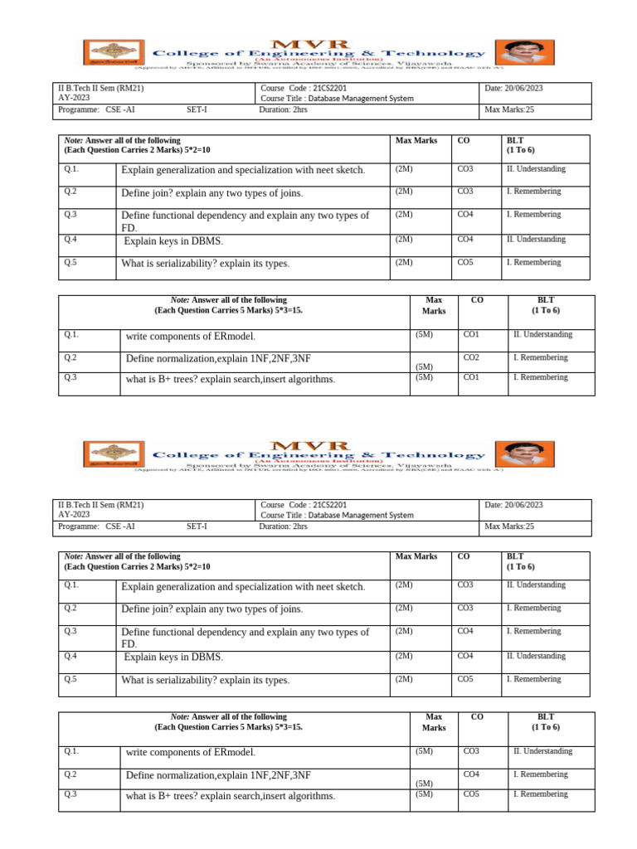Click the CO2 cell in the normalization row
(x=470, y=357)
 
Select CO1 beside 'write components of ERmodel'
(x=470, y=335)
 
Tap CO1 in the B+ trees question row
(x=470, y=377)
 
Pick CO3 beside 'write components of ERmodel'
(x=470, y=751)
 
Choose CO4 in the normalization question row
(x=470, y=774)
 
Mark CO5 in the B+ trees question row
(x=470, y=794)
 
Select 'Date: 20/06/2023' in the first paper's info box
(x=513, y=88)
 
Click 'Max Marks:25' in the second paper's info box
(x=509, y=526)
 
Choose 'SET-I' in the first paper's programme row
(x=197, y=109)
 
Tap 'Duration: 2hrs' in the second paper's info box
(x=283, y=526)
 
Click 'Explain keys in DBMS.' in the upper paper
(x=173, y=242)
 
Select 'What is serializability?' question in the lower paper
(x=205, y=681)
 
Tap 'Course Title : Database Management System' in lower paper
(x=336, y=515)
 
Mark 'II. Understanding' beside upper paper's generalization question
(x=536, y=169)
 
